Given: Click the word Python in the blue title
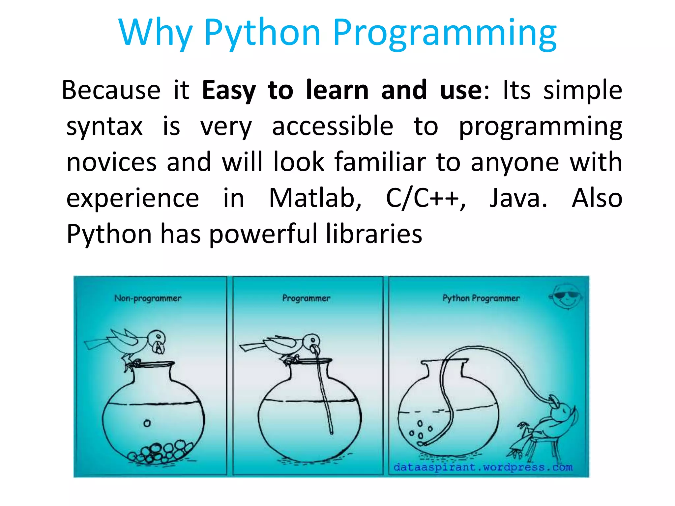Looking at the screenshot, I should (x=262, y=33).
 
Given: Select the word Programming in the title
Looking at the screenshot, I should (x=445, y=33).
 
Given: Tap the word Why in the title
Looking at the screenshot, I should (x=155, y=33).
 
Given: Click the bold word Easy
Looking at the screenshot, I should (x=229, y=90).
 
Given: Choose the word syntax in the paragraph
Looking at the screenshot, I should (x=104, y=127).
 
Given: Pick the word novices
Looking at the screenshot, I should (x=111, y=162).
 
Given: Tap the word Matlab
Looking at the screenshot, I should (x=315, y=198).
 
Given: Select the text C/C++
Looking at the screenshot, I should (x=425, y=198).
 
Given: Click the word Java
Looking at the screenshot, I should (x=518, y=198).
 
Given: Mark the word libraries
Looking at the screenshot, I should (x=374, y=234).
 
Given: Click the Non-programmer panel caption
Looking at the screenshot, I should (x=148, y=298).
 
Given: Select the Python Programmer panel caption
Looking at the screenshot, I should (x=481, y=298).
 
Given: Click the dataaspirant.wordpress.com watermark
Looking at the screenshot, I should (x=483, y=467).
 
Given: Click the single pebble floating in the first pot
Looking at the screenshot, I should (x=147, y=423).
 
